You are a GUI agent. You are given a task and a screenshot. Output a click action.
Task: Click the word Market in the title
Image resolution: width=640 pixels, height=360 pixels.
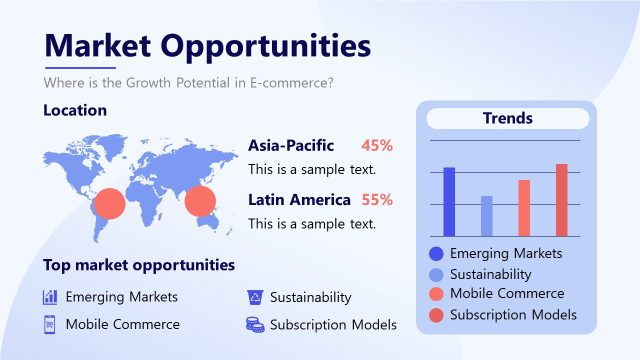[95, 46]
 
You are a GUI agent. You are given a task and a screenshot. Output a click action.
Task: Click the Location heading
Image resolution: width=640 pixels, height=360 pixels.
[75, 110]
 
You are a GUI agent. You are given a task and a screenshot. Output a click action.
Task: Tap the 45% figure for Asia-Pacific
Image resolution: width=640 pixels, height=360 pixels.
[377, 145]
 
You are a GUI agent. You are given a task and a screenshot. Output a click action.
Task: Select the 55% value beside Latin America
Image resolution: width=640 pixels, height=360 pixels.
[377, 199]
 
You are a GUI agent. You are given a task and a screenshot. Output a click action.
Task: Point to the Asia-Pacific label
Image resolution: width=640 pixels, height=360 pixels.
[291, 145]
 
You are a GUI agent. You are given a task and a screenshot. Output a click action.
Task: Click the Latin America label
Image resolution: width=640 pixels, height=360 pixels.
[299, 199]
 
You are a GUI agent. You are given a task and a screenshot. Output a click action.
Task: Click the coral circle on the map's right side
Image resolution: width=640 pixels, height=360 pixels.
[200, 200]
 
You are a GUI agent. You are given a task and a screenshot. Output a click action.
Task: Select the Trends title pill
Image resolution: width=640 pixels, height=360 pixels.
[507, 118]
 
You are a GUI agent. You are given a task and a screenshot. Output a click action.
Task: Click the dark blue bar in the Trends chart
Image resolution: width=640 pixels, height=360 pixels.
[449, 200]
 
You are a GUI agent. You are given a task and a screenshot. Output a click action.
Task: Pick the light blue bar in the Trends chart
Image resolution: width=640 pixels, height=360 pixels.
[487, 214]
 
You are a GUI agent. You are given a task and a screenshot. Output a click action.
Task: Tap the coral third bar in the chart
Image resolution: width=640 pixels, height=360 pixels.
[524, 207]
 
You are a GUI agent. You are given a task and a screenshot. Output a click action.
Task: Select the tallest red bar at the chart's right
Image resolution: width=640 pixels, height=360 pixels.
[562, 198]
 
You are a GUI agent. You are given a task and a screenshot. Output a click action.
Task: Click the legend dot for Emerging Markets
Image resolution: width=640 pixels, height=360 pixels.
[435, 254]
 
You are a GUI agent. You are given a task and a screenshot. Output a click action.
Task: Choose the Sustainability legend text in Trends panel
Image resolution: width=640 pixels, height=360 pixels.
[490, 274]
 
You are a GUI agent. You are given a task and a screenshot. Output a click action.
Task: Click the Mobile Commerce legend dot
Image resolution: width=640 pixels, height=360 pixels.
[435, 294]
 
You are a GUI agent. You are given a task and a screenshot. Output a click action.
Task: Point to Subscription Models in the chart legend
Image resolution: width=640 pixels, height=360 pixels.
[513, 314]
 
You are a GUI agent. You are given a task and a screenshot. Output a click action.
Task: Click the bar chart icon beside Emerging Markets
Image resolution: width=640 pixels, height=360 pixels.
[50, 297]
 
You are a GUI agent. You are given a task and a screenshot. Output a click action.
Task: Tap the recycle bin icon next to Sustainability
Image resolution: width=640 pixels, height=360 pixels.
[254, 297]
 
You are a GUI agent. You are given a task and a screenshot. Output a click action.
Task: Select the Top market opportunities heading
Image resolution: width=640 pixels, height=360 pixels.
[139, 265]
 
